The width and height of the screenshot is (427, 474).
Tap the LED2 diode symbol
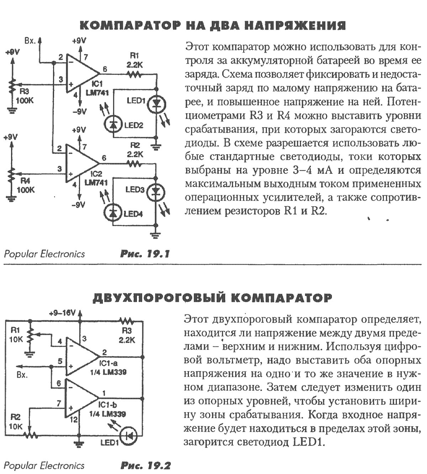click(x=113, y=123)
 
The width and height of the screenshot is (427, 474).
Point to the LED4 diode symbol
click(x=113, y=213)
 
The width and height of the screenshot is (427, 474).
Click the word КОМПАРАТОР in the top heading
click(x=131, y=26)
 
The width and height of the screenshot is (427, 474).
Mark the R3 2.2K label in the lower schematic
click(x=127, y=336)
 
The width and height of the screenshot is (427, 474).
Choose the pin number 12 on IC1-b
click(x=73, y=420)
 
